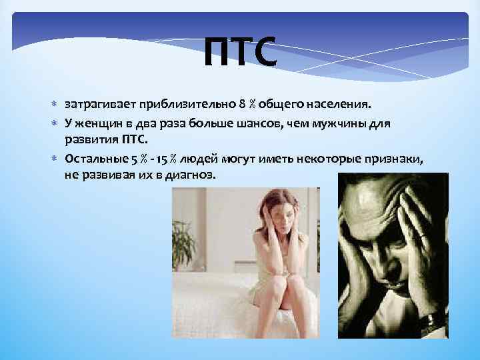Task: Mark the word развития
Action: tap(91, 139)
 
